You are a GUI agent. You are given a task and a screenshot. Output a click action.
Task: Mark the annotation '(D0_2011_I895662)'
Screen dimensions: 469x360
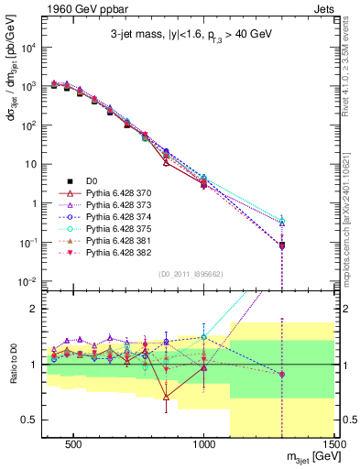point(191,274)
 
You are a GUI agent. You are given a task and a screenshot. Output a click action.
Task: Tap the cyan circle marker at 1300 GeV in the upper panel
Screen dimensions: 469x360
point(282,221)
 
